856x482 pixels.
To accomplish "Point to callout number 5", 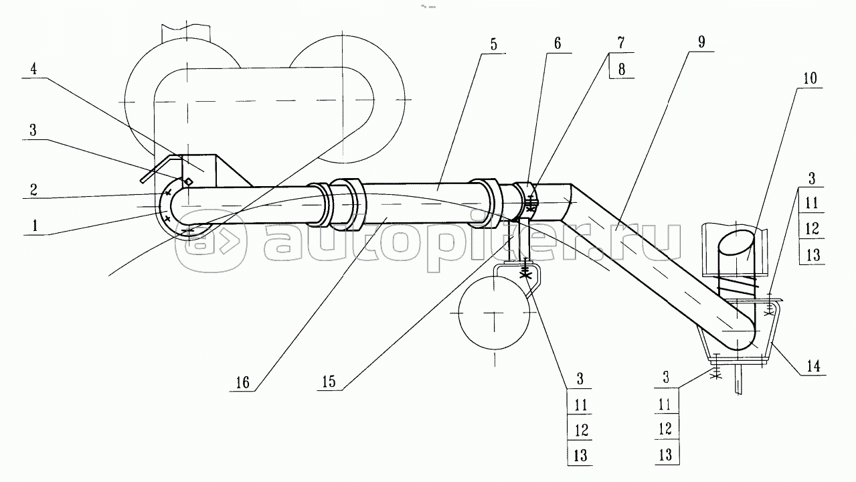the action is pos(493,46).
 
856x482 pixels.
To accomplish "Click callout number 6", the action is pos(558,46).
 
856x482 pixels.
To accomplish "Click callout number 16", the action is pos(242,382).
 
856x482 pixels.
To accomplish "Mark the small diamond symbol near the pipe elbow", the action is pos(189,181).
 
